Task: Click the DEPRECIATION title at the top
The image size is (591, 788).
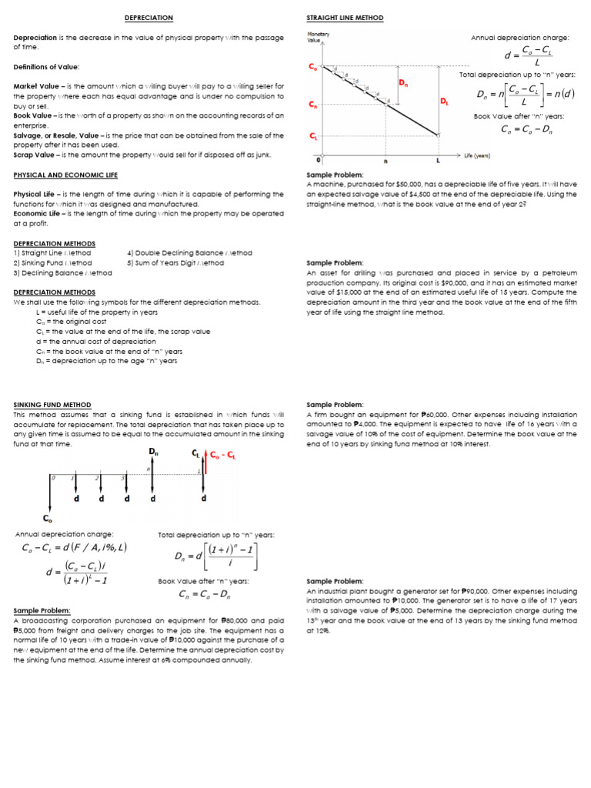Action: point(149,18)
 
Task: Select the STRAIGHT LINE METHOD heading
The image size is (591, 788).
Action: point(345,18)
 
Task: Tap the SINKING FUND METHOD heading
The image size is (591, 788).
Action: point(52,405)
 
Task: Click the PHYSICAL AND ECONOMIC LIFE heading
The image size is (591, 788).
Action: point(65,175)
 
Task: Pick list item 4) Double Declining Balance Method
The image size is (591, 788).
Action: point(189,252)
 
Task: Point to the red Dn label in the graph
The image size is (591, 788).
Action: point(403,83)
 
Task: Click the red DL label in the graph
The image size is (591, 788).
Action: point(445,101)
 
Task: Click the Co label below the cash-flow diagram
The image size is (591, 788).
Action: point(48,519)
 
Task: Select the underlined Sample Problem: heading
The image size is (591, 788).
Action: point(42,610)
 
